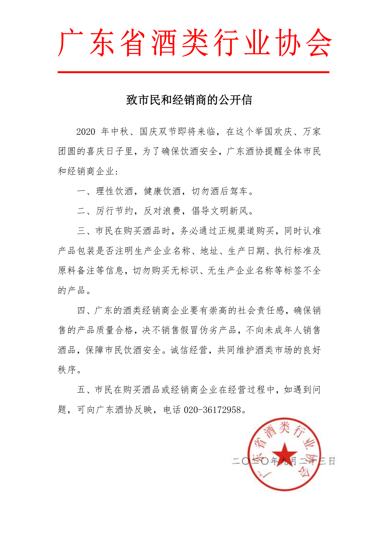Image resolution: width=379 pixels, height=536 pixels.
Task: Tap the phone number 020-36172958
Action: click(x=212, y=410)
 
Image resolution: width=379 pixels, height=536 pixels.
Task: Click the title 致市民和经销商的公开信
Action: click(x=189, y=100)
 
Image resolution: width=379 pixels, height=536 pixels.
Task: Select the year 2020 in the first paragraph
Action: click(x=86, y=132)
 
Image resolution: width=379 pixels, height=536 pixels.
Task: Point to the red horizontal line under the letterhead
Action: click(x=193, y=72)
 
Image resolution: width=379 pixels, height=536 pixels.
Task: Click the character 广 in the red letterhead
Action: click(x=70, y=43)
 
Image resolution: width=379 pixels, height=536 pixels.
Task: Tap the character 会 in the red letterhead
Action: click(x=318, y=43)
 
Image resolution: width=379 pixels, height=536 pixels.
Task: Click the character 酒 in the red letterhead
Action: click(x=164, y=43)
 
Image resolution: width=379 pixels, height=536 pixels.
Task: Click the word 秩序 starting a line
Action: click(x=67, y=370)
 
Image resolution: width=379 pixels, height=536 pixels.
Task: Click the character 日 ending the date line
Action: click(x=332, y=461)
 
